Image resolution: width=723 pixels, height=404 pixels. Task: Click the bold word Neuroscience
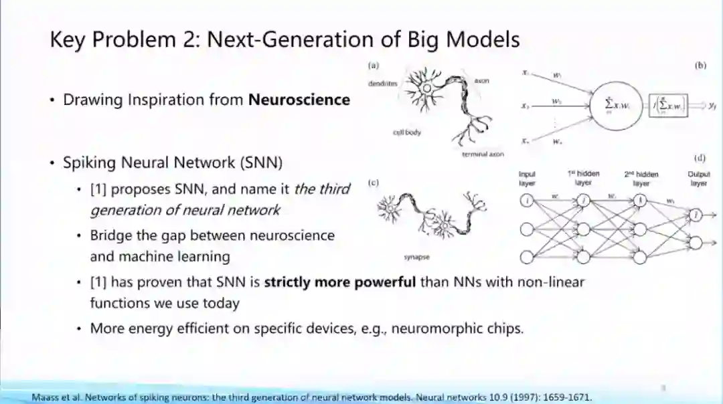click(x=299, y=100)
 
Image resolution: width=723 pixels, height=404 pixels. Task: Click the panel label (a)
click(x=374, y=66)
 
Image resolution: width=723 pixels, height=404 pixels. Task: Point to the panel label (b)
click(x=701, y=66)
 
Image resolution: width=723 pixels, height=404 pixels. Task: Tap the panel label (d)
click(x=700, y=158)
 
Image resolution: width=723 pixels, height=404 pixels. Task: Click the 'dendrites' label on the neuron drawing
click(x=382, y=84)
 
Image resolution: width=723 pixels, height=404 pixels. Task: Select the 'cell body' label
click(x=407, y=132)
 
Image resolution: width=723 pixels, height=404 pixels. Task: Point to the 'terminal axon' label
click(x=483, y=154)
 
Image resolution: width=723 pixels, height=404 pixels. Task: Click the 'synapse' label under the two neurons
click(x=416, y=256)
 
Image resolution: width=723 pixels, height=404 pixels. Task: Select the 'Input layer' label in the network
click(x=528, y=179)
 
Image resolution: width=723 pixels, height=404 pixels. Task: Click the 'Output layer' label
click(x=698, y=179)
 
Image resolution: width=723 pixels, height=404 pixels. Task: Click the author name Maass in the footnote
click(x=45, y=397)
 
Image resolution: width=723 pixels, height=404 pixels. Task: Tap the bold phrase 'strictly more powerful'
click(x=340, y=282)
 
